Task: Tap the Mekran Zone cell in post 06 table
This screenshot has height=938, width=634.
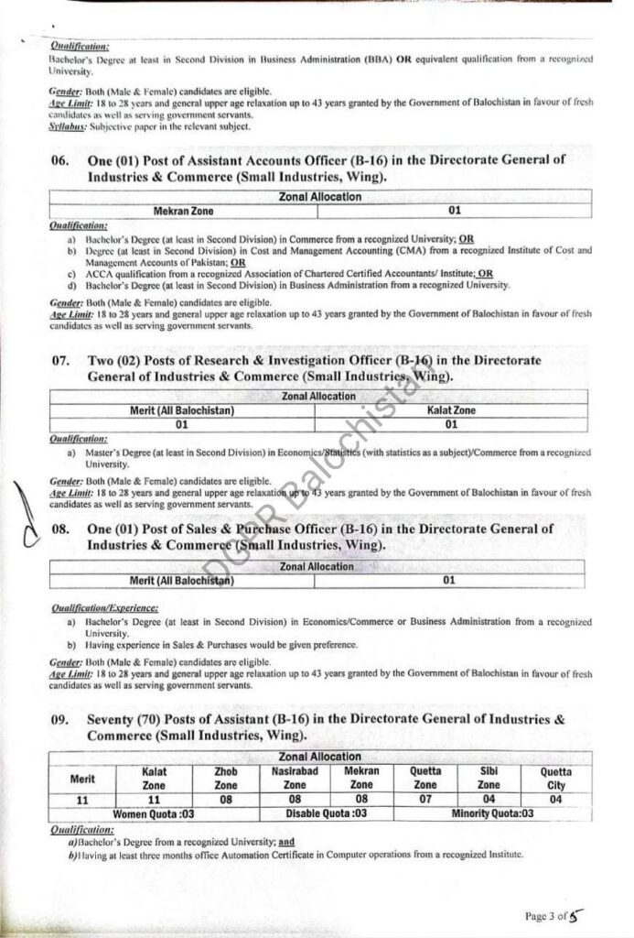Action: point(182,211)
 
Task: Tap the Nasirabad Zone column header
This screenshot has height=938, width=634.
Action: point(295,779)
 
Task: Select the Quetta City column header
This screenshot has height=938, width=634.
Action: point(556,779)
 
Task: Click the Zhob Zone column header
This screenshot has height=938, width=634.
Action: point(225,779)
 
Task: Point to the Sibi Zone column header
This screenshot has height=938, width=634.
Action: point(489,779)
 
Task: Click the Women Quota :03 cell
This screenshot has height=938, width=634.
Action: point(154,813)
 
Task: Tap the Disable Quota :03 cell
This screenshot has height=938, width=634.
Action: point(327,813)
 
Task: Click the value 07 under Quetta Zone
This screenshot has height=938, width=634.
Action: point(424,800)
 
